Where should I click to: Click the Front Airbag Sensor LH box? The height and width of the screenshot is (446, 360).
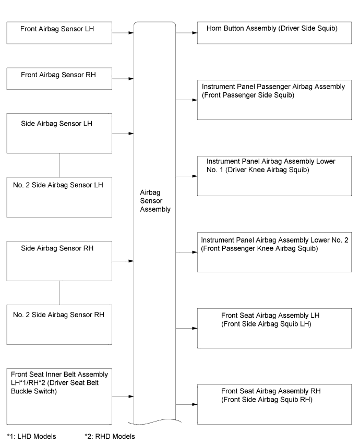tap(59, 33)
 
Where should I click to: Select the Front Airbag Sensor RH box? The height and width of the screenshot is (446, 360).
tap(59, 78)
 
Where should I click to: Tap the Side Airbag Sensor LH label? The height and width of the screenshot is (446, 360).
tap(57, 124)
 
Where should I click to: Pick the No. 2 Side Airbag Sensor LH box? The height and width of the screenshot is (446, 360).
tap(59, 197)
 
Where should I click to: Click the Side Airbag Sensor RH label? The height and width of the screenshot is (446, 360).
tap(57, 248)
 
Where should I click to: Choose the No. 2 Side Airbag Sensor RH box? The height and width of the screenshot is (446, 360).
tap(59, 324)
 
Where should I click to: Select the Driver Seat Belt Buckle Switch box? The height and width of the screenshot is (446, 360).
tap(59, 396)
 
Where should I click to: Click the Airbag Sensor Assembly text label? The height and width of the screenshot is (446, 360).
tap(155, 201)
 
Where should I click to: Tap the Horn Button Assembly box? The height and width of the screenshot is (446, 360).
tap(274, 33)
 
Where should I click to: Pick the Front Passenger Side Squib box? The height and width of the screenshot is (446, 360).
tap(274, 100)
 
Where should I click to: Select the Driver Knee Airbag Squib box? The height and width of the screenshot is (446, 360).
tap(274, 176)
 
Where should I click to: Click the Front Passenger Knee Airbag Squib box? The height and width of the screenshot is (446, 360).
tap(274, 252)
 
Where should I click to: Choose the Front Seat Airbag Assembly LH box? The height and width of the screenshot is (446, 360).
tap(274, 328)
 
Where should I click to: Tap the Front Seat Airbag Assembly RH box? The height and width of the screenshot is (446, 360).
tap(274, 404)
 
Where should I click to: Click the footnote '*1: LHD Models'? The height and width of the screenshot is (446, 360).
tap(32, 436)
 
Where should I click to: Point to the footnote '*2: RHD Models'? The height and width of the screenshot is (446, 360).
tap(110, 436)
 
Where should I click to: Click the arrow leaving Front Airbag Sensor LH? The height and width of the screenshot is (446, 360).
tap(123, 33)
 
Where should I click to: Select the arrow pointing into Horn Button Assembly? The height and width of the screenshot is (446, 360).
tap(186, 33)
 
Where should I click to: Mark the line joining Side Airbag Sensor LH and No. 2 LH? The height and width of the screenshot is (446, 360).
tap(59, 165)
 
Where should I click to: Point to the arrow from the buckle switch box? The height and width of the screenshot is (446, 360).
tap(123, 396)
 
